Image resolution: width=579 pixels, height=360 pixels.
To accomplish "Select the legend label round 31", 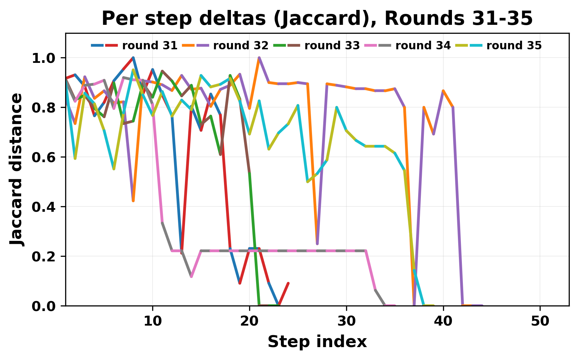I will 150,46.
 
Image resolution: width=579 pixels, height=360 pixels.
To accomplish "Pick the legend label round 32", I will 241,46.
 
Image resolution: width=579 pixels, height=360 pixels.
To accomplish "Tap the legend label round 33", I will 332,46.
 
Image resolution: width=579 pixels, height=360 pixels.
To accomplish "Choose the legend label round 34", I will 423,46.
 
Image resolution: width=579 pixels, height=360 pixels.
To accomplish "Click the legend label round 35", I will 514,46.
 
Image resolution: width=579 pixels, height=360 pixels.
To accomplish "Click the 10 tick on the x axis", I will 153,321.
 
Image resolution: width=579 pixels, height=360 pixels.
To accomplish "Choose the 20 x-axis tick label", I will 249,321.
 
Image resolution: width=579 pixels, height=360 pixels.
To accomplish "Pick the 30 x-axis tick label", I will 346,321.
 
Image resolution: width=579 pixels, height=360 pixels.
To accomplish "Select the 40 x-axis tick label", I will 443,321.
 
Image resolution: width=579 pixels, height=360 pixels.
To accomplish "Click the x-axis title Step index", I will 317,342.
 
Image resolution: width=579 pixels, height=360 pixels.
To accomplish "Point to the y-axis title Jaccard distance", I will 17,169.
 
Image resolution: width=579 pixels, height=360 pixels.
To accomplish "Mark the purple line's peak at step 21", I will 259,58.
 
